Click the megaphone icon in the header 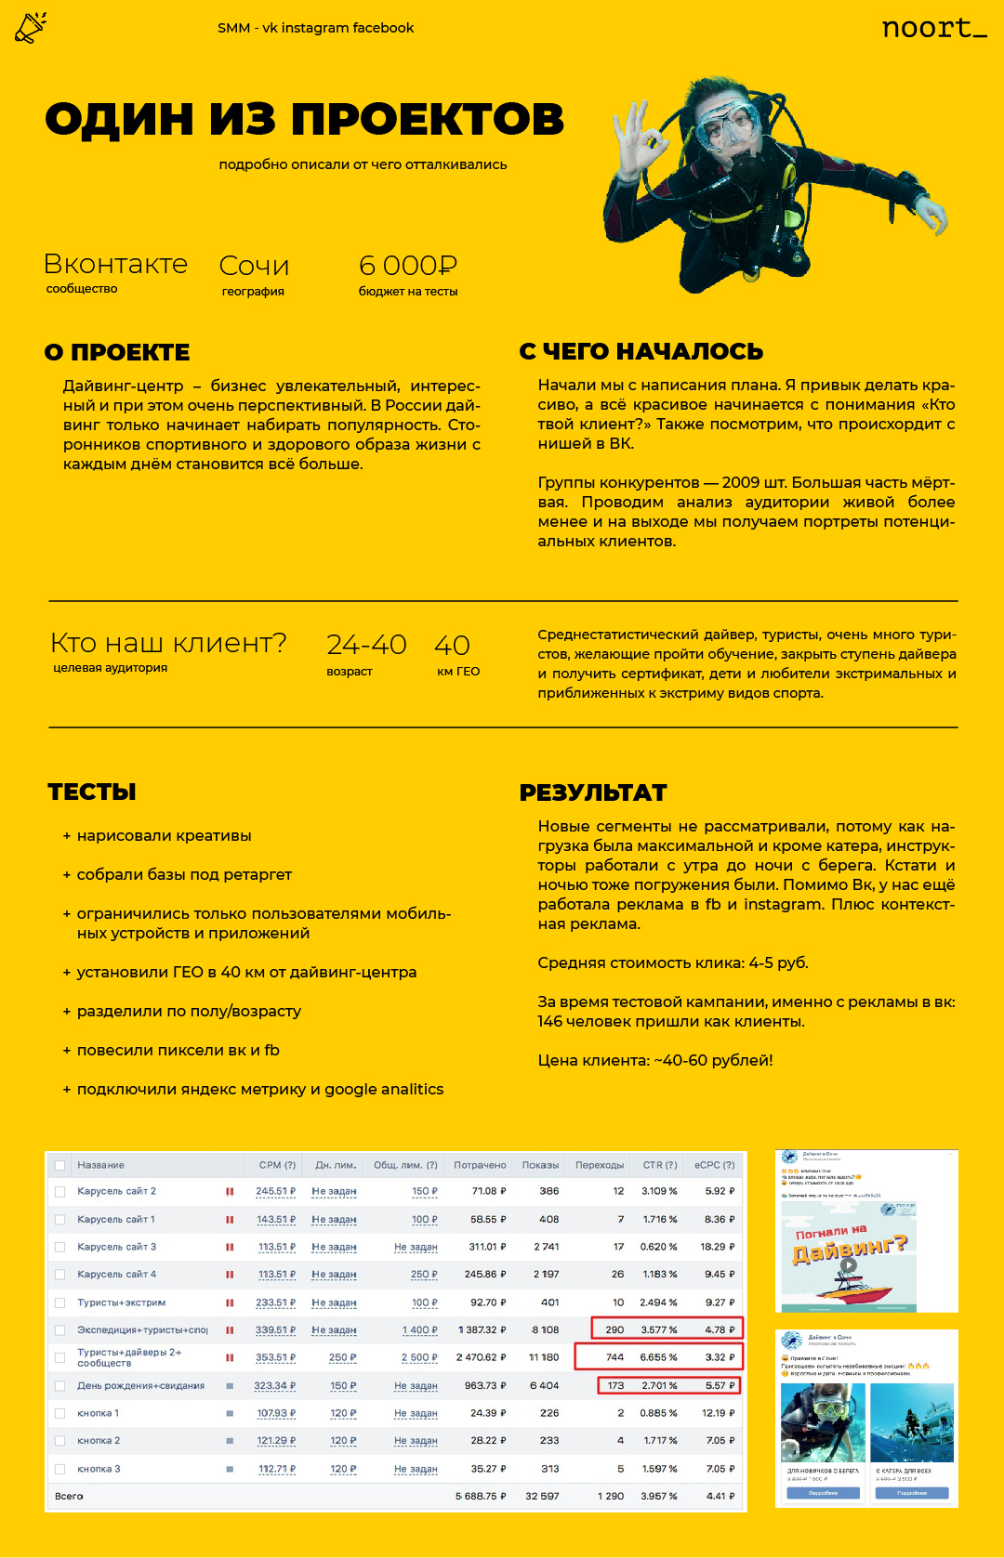click(30, 28)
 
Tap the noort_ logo click(933, 29)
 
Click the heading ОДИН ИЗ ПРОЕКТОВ click(304, 120)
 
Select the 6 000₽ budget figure click(407, 266)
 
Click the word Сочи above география click(254, 267)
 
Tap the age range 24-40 click(366, 645)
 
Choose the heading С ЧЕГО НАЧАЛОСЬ click(641, 352)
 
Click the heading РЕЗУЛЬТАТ click(593, 793)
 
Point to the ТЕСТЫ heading click(92, 792)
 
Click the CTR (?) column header click(659, 1165)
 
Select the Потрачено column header click(480, 1165)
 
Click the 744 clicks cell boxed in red click(614, 1357)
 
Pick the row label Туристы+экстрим click(121, 1303)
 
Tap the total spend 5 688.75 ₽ click(481, 1497)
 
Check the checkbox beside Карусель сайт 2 click(60, 1191)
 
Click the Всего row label click(69, 1497)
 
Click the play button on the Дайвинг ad click(848, 1264)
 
